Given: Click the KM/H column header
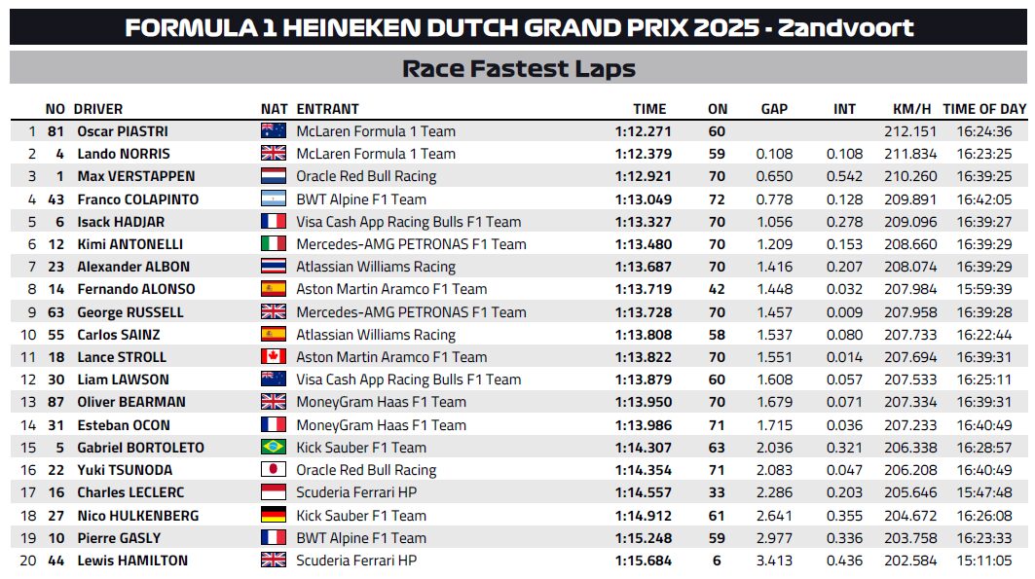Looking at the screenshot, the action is point(911,109).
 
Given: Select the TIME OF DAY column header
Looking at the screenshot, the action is point(984,109).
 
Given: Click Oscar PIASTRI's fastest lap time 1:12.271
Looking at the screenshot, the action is point(643,131).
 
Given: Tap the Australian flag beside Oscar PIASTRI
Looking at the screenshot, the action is point(274,130).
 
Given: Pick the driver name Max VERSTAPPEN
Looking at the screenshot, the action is point(136,176).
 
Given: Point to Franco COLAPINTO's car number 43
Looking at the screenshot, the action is point(55,199).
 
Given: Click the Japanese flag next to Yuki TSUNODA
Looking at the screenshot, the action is point(274,470).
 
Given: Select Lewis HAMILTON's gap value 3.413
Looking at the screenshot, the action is point(774,561).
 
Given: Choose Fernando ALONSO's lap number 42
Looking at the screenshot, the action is point(717,289).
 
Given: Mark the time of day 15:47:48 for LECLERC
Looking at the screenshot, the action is point(984,492).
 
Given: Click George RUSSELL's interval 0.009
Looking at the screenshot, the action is point(844,312).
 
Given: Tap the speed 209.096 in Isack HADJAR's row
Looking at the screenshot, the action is point(910,222).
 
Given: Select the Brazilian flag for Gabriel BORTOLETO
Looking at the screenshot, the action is point(274,447).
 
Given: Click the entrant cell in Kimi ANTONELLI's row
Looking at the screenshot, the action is point(411,244).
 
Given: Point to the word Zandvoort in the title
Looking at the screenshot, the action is point(845,27).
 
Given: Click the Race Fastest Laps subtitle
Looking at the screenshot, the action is point(519,68).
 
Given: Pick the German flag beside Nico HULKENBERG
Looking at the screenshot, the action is point(274,515).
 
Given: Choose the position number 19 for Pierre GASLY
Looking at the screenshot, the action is point(28,538).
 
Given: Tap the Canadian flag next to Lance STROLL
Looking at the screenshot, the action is point(274,357).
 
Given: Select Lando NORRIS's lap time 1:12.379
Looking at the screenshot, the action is point(643,154).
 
